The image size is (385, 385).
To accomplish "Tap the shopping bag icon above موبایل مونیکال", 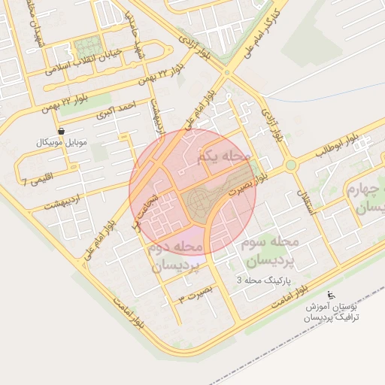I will [61, 131].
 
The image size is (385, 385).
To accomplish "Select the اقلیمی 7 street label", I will [35, 182].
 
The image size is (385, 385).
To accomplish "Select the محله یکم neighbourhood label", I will [223, 156].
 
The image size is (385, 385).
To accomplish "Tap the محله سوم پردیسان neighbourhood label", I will [271, 251].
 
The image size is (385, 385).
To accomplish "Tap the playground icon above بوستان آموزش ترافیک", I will [332, 296].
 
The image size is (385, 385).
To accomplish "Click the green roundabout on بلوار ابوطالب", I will [290, 165].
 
